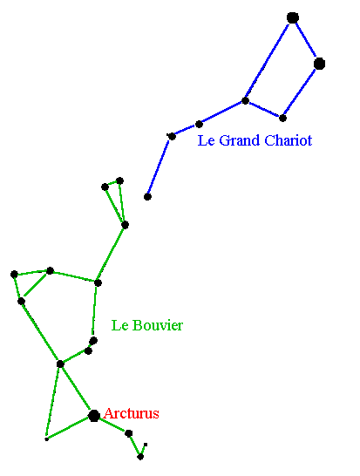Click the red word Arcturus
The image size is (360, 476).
point(131,413)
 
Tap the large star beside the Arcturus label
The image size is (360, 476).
point(94,416)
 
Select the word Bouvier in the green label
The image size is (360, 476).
point(158,325)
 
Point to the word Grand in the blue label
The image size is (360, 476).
point(239,140)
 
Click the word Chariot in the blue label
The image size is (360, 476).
point(288,140)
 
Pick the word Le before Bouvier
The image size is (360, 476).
point(120,325)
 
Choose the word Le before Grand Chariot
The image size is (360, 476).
point(207,140)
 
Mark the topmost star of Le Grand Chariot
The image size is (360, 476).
point(293,18)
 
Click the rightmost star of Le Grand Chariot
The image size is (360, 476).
point(319,64)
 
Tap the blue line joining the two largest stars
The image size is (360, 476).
point(306,41)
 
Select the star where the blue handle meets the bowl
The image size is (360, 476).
point(245,101)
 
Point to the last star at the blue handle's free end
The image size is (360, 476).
point(147,197)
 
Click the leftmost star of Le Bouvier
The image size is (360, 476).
point(14,275)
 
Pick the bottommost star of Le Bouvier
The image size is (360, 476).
point(140,457)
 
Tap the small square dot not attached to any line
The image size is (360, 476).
point(146,445)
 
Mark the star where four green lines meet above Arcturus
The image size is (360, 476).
point(60,364)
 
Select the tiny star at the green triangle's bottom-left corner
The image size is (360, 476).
point(46,439)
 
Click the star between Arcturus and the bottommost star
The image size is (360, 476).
point(129,433)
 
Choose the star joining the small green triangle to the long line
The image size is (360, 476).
point(125,225)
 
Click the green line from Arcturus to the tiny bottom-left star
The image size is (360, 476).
point(68,428)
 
